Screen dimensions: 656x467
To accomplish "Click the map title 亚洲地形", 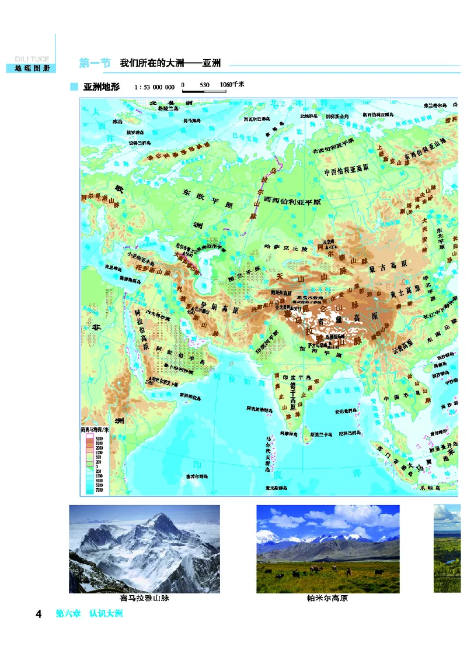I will pos(102,87).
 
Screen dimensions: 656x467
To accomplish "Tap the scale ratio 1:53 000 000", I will pos(155,88).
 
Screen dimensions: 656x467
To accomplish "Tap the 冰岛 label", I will pos(117,122).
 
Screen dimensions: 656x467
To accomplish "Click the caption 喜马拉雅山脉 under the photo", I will pos(144,598).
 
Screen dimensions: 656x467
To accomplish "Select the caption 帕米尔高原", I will pos(327,598).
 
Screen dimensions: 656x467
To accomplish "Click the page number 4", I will pos(39,614).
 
